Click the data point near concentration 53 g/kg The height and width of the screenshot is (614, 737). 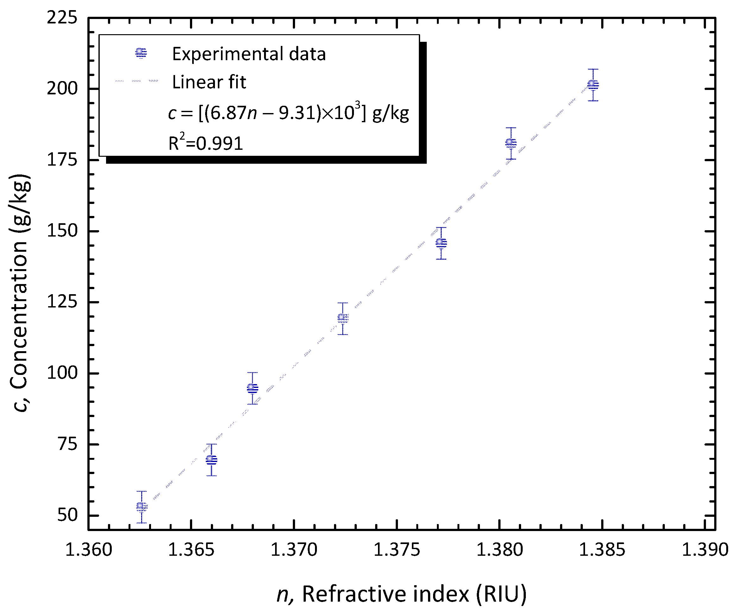point(142,507)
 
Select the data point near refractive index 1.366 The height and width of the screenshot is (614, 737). point(211,459)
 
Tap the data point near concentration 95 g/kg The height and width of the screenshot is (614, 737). point(252,388)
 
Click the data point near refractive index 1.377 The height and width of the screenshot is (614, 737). point(441,243)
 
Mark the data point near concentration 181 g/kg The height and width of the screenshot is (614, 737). point(511,143)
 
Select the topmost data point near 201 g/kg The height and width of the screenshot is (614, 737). point(593,85)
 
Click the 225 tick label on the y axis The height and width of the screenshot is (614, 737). point(62,17)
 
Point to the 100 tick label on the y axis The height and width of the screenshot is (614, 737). point(62,373)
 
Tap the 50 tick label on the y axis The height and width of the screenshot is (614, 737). point(67,515)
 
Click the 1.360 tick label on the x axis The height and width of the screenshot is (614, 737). point(88,550)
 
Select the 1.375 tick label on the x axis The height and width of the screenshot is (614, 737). point(397,550)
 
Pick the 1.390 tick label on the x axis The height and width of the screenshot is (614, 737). point(705,550)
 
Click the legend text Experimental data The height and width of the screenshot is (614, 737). point(249,54)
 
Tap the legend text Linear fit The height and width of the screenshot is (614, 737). point(209,82)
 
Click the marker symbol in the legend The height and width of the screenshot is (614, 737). point(141,53)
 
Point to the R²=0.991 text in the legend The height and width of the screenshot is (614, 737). point(206,142)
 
